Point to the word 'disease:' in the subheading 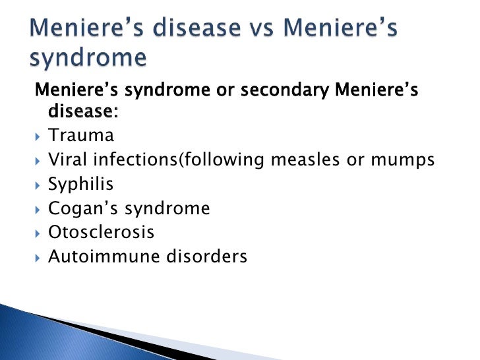point(83,113)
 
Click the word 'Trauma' point(81,136)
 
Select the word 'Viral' point(67,160)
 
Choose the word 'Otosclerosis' point(102,233)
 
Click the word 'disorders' point(210,256)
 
